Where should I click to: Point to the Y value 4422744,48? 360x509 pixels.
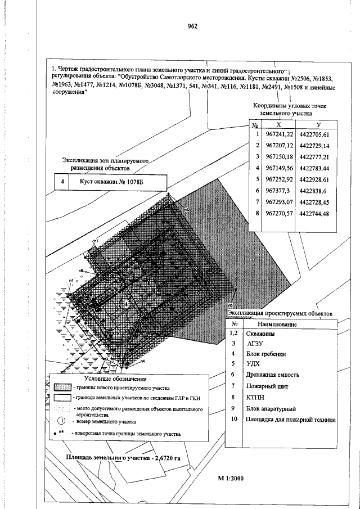[x=318, y=214]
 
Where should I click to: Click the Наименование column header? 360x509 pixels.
[x=277, y=325]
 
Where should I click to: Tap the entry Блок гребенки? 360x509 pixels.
[x=265, y=354]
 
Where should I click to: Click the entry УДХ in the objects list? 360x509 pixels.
[x=253, y=364]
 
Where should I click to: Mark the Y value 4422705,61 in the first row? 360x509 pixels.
[x=318, y=134]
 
